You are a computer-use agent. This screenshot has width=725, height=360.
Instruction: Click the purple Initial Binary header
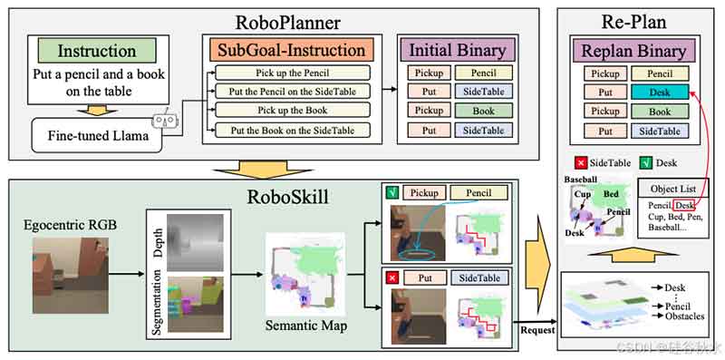(x=457, y=51)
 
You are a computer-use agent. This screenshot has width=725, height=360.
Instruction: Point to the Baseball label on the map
(x=581, y=180)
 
